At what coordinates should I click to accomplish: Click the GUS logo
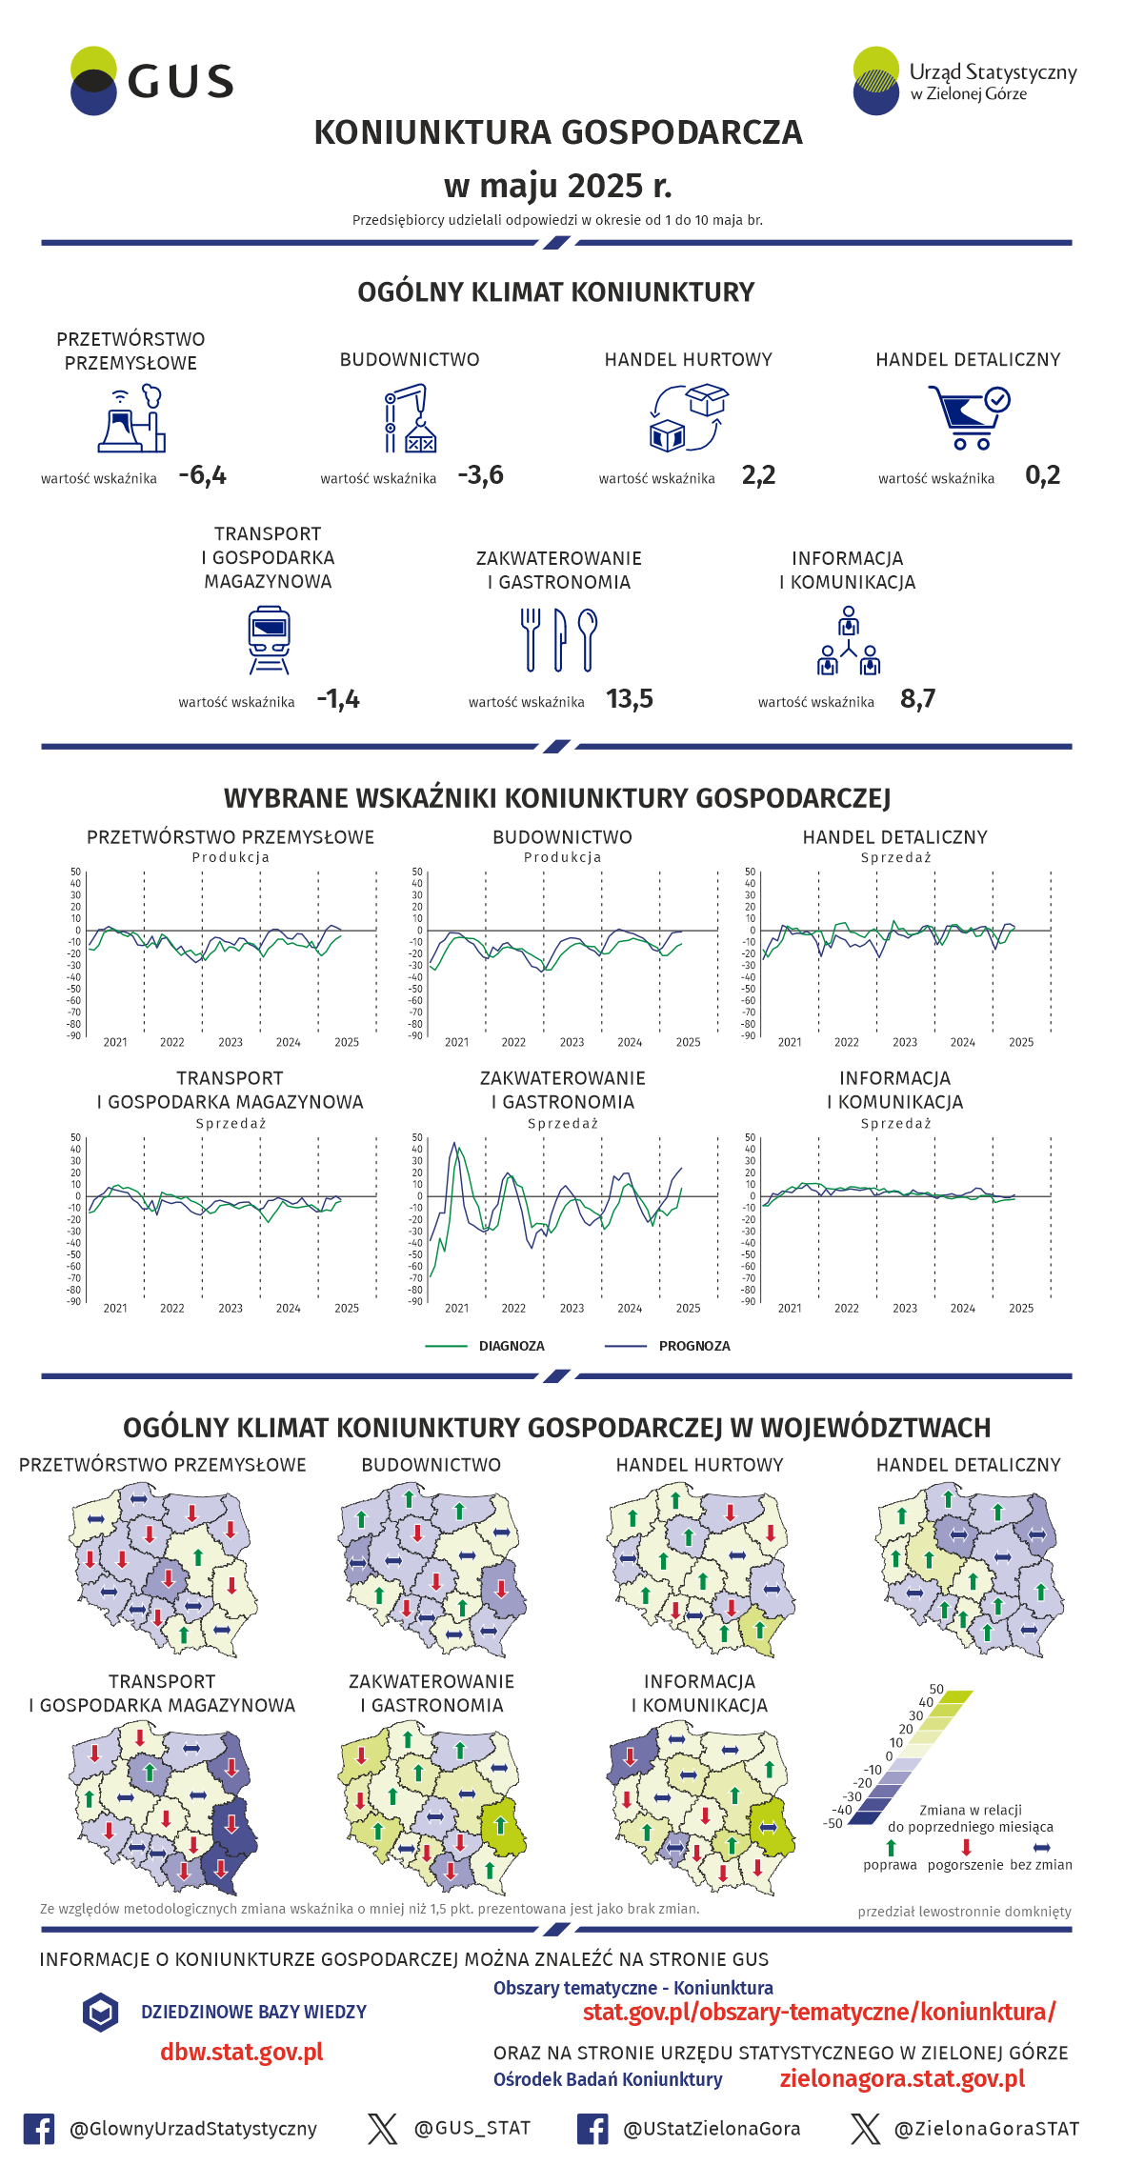[152, 82]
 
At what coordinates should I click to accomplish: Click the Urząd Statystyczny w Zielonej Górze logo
[964, 81]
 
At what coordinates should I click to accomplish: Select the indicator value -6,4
[203, 475]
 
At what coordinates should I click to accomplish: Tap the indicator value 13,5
[630, 699]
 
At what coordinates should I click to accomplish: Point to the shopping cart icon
[968, 416]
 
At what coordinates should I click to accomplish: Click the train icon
[269, 639]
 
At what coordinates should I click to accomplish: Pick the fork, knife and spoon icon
[559, 639]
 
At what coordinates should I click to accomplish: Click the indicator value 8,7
[918, 699]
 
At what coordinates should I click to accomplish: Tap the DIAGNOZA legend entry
[511, 1346]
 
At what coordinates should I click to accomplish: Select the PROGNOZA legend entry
[693, 1346]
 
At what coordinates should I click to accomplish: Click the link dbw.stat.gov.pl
[242, 2053]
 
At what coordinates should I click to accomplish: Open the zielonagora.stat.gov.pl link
[902, 2078]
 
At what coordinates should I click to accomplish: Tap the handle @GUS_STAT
[472, 2128]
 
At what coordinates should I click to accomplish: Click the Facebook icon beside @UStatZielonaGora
[592, 2129]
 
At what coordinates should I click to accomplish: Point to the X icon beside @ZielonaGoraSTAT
[866, 2129]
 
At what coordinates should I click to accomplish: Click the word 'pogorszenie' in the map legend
[965, 1865]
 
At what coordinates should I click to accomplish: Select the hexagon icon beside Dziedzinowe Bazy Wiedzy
[100, 2012]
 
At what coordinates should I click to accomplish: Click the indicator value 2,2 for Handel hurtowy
[758, 475]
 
